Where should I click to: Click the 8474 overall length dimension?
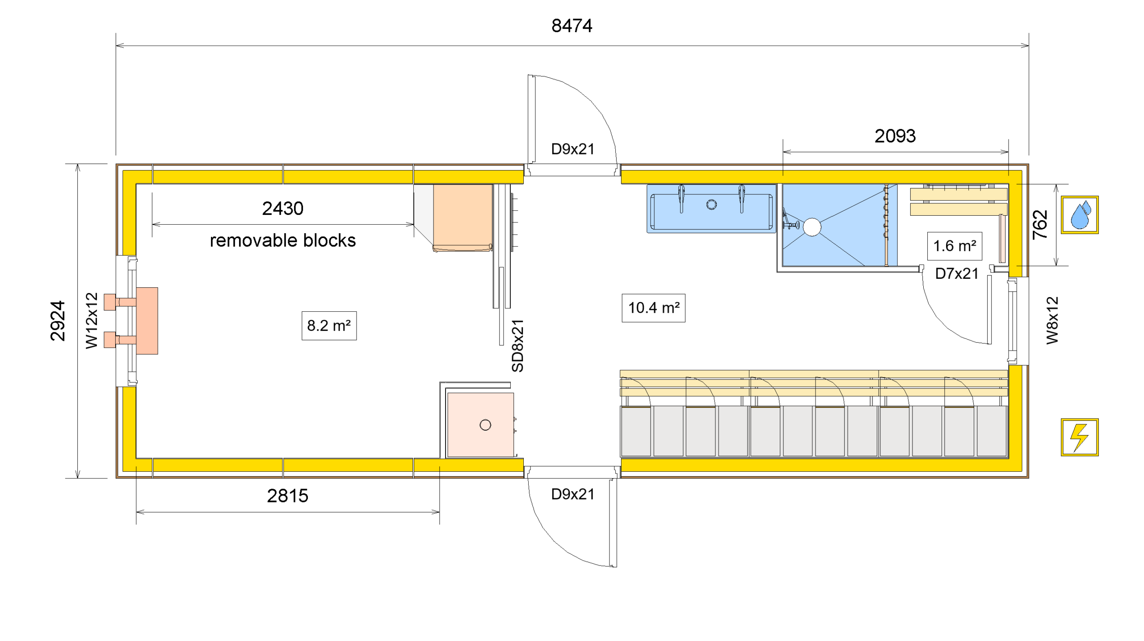coord(572,26)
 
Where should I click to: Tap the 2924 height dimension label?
coord(58,321)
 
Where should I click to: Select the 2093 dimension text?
coord(895,136)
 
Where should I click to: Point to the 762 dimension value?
coord(1040,225)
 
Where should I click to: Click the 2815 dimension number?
coord(287,496)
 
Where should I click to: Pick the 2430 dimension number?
coord(282,209)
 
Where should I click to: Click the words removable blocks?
coord(282,240)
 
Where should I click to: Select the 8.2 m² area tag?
coord(329,326)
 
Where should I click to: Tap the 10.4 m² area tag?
coord(653,308)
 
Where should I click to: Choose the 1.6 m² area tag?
coord(955,246)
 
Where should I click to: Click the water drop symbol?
coord(1080,215)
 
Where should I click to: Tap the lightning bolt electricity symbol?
coord(1080,437)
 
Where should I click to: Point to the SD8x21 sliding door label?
coord(517,346)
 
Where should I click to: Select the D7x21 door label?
coord(957,273)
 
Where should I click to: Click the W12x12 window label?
coord(92,321)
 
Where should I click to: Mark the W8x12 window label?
coord(1052,321)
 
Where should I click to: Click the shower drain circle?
coord(812,227)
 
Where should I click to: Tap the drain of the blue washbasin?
coord(711,205)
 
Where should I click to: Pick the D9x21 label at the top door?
coord(572,149)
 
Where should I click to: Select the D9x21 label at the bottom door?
coord(572,494)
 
